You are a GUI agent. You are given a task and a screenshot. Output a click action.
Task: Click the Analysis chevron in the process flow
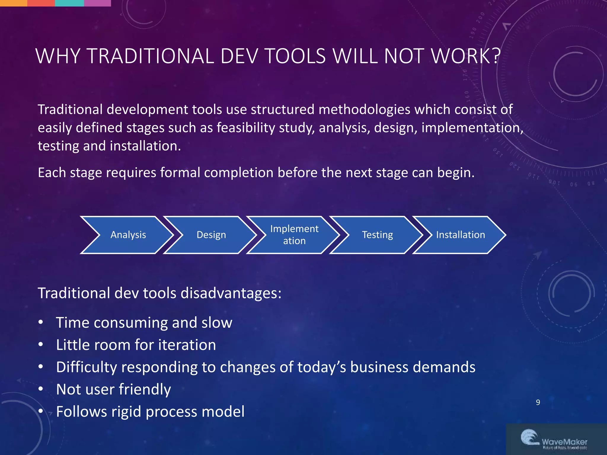point(128,235)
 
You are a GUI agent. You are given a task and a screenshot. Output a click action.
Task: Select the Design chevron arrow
point(211,235)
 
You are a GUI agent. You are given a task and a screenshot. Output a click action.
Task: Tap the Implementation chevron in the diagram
point(294,235)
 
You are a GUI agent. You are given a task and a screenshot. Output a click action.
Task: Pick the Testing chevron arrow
point(377,235)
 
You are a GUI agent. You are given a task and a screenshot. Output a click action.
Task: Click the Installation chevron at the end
point(460,235)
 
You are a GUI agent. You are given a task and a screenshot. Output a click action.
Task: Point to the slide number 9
point(538,402)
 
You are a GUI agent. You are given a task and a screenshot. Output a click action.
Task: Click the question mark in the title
point(496,56)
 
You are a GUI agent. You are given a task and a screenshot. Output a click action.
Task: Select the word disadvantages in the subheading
point(231,293)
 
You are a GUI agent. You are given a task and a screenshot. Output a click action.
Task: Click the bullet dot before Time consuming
point(41,322)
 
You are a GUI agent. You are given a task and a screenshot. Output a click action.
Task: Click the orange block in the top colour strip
point(13,3)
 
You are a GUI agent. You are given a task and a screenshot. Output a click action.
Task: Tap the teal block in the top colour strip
point(69,3)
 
